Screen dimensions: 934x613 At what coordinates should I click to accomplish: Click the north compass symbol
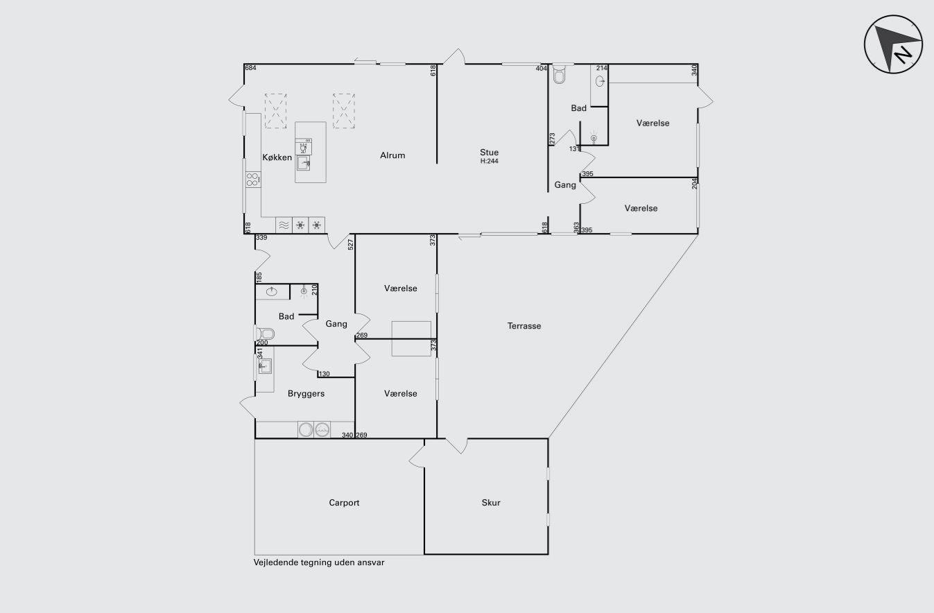click(x=893, y=44)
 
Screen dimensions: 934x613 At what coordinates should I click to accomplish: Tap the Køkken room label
click(x=277, y=157)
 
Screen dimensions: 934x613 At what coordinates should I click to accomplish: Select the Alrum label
click(x=392, y=155)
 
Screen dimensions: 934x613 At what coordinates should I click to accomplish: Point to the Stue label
click(x=489, y=152)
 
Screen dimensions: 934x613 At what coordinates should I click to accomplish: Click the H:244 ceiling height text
click(x=489, y=161)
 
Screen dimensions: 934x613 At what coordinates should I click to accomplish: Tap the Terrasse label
click(x=524, y=326)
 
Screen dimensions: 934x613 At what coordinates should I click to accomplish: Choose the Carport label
click(x=344, y=503)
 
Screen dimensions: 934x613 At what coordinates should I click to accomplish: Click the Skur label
click(x=491, y=503)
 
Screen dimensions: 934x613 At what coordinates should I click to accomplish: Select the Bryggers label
click(x=306, y=394)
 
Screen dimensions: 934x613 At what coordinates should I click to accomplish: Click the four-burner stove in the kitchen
click(x=252, y=180)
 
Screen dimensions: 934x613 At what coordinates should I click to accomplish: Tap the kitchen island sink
click(x=304, y=163)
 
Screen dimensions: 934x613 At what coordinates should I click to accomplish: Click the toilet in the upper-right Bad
click(x=559, y=74)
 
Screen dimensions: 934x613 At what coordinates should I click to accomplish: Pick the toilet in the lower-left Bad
click(x=265, y=334)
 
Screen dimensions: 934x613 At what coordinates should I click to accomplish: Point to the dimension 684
click(x=250, y=67)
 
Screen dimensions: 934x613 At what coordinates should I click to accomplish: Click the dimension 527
click(x=351, y=244)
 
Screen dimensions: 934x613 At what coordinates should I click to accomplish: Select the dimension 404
click(x=541, y=69)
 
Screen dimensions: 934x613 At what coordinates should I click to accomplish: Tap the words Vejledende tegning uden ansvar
click(x=319, y=562)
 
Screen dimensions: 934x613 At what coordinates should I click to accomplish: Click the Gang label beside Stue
click(x=565, y=184)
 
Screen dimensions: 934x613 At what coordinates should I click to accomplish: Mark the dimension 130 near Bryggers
click(x=324, y=374)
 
